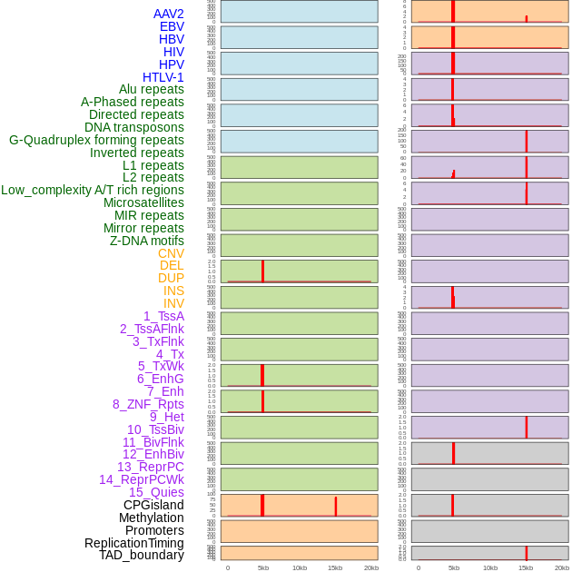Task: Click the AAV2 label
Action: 169,14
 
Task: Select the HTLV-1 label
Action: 163,77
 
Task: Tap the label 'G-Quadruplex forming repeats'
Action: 96,140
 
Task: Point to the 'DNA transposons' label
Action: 134,127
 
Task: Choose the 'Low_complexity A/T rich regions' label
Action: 93,190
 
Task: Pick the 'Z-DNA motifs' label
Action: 147,241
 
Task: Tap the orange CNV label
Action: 171,253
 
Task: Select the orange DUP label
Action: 171,278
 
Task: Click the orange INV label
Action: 173,303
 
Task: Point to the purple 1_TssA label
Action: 163,316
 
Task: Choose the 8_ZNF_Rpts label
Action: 148,404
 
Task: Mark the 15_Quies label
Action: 156,492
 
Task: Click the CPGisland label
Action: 153,505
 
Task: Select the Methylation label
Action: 152,518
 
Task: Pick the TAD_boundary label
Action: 142,555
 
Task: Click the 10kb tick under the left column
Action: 299,567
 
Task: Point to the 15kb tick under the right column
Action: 526,567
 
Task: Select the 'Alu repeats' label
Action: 152,89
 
